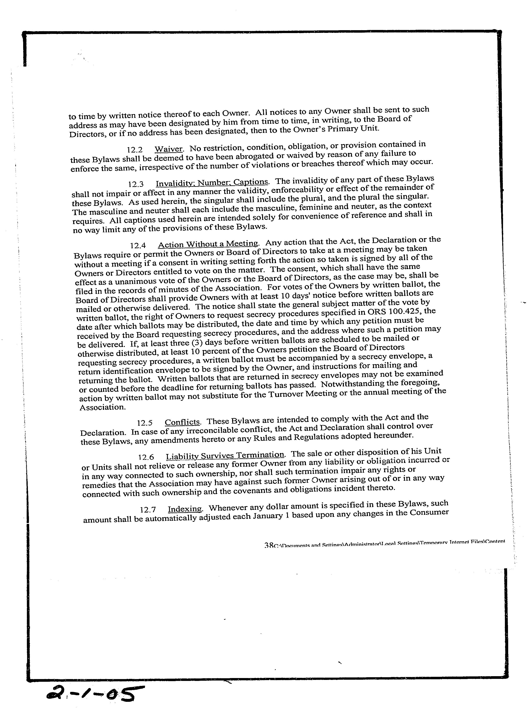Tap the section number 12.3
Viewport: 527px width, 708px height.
tap(136, 184)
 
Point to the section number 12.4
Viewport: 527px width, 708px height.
tap(138, 246)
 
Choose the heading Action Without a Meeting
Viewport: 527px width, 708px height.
tap(208, 244)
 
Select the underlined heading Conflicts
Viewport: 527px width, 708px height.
tap(182, 422)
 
